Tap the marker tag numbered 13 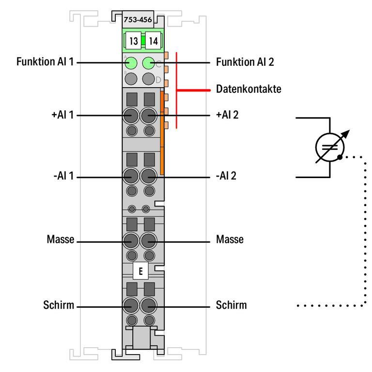click(x=133, y=41)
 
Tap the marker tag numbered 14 click(x=153, y=41)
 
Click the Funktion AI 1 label click(x=44, y=62)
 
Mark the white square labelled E click(x=140, y=271)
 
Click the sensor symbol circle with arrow click(x=330, y=147)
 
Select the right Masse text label click(x=230, y=240)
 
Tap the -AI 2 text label click(x=226, y=177)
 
